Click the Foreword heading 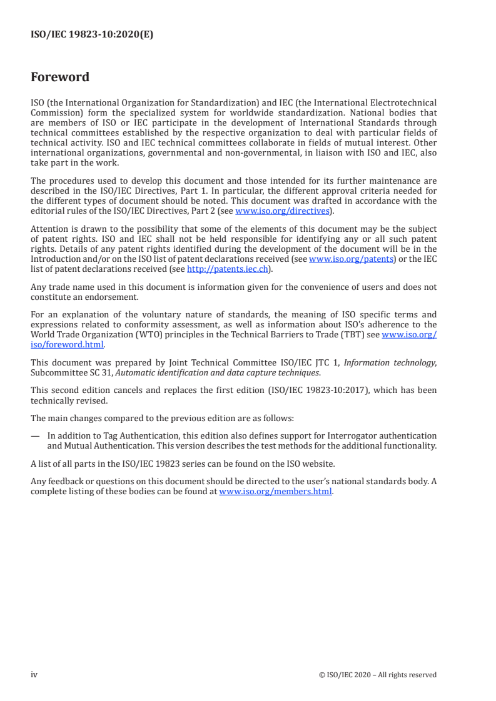(60, 77)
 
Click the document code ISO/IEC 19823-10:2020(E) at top (92, 35)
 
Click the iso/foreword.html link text (68, 344)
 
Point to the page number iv (34, 675)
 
